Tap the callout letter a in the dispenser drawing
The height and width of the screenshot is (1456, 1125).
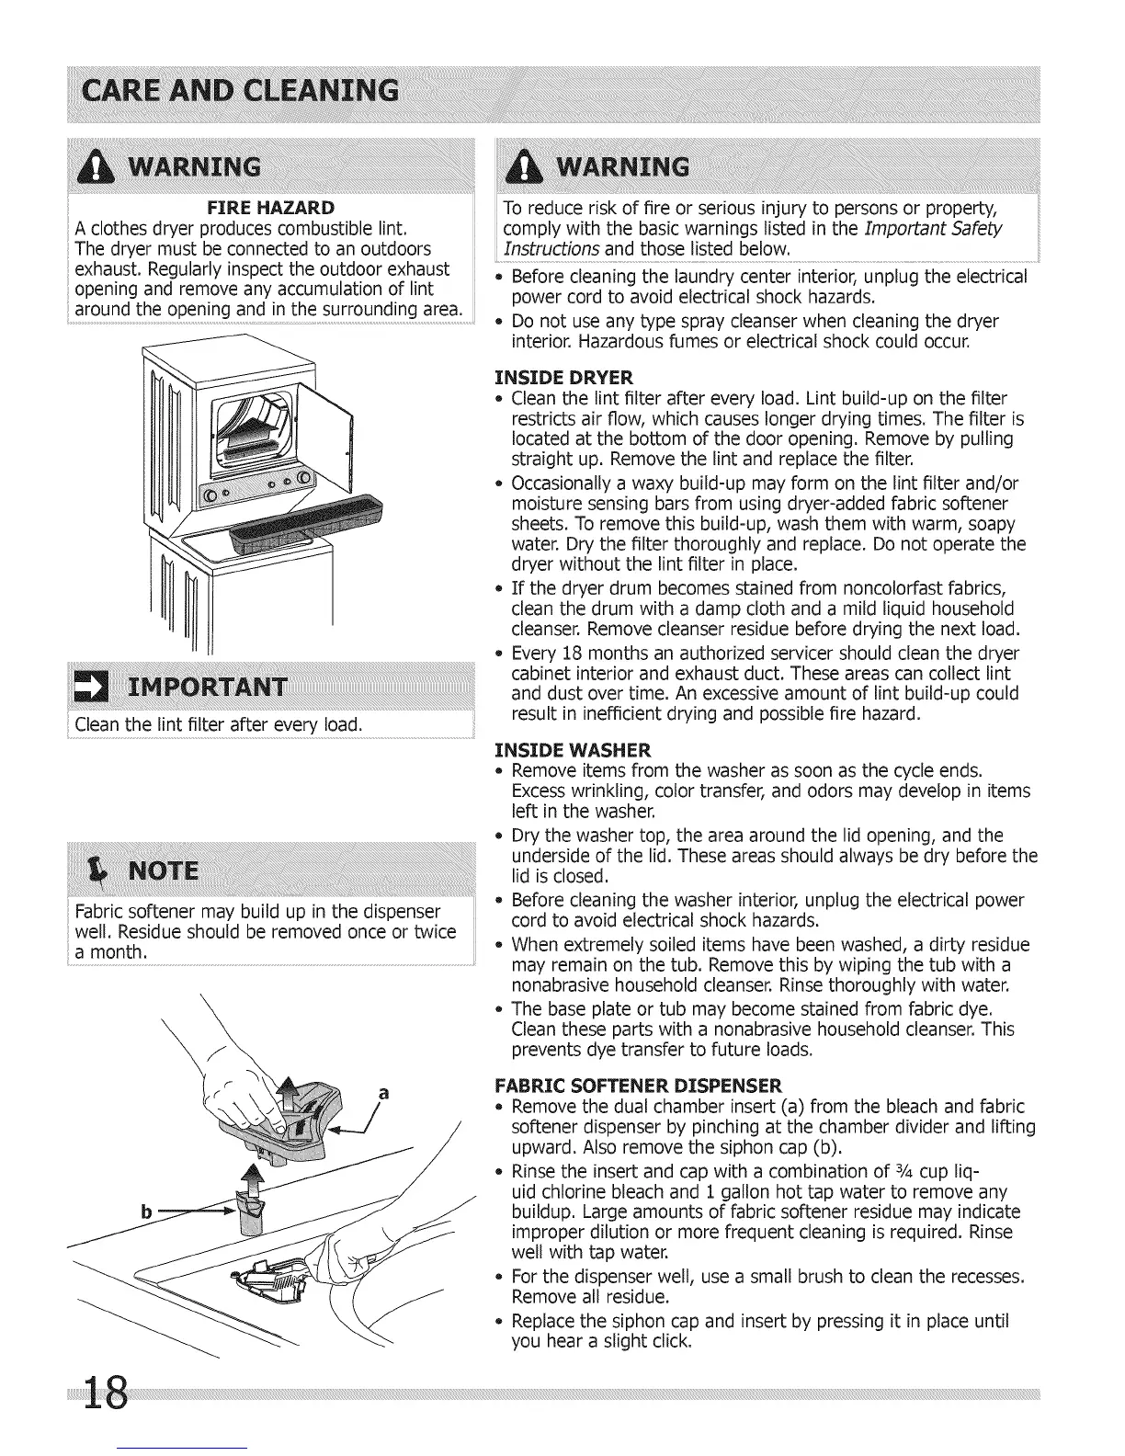tap(384, 1094)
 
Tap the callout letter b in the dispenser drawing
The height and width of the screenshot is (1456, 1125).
tap(144, 1211)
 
